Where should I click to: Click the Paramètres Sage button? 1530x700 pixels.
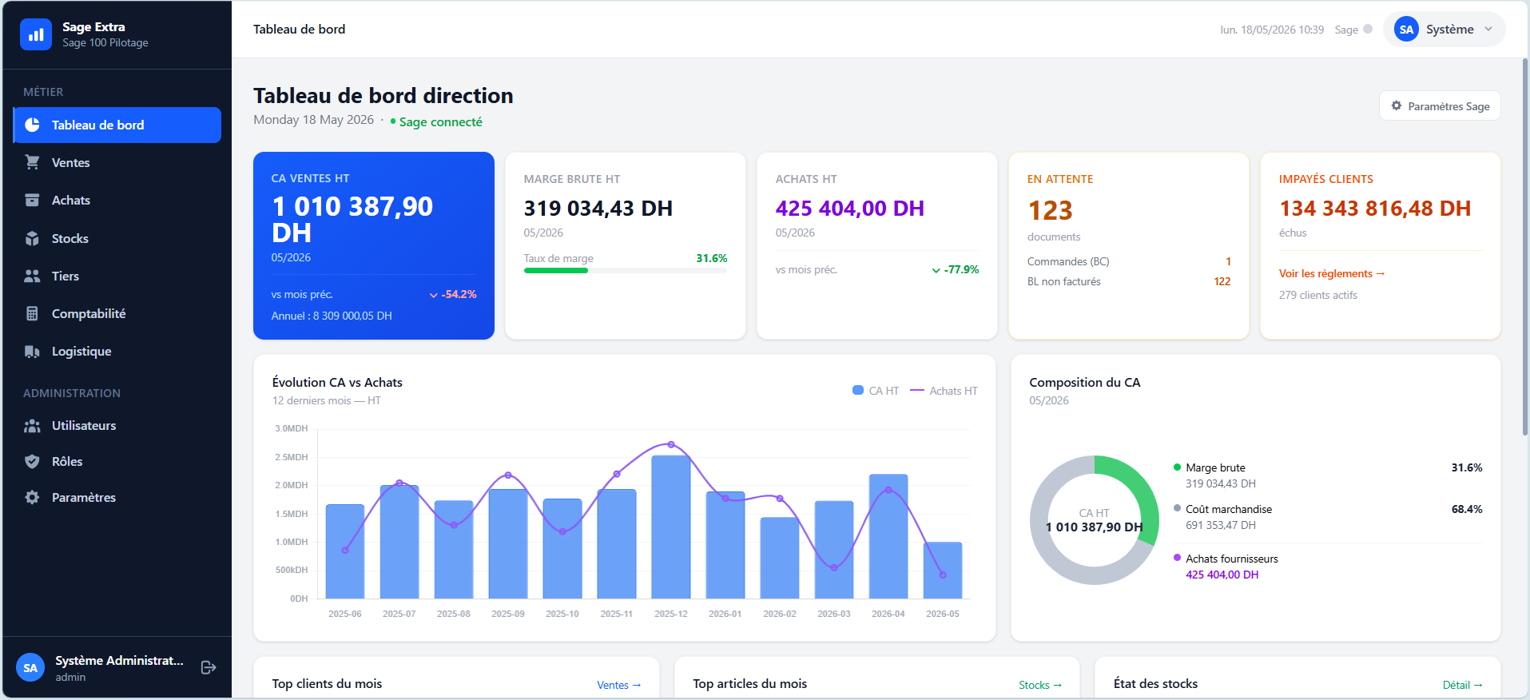1440,106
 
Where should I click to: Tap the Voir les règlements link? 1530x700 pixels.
1331,273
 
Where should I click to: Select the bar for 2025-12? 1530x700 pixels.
671,527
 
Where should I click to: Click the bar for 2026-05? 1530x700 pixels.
943,571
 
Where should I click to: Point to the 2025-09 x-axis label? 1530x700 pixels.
508,614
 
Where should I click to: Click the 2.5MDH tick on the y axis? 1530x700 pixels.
292,457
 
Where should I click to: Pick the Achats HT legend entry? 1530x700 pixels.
944,391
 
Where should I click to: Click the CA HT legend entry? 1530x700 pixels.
876,391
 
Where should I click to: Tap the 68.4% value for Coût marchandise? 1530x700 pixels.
1467,509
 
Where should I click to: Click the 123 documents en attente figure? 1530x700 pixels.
1050,210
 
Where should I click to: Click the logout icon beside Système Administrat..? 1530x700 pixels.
209,667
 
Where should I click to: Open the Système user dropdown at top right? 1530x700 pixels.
1444,30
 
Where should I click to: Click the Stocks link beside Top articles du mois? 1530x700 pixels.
1040,685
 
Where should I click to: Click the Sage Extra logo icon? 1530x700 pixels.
36,34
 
